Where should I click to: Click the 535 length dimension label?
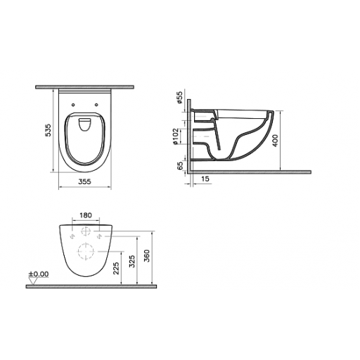click(x=48, y=130)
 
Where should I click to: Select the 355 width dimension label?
click(x=84, y=181)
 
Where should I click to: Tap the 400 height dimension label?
click(x=276, y=141)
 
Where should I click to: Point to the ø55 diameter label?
click(x=179, y=97)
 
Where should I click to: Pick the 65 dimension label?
click(x=180, y=165)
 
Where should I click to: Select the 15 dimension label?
click(x=205, y=179)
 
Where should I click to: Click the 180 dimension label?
click(x=86, y=215)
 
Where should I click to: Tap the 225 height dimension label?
click(x=117, y=268)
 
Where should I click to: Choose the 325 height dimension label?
click(x=132, y=262)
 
